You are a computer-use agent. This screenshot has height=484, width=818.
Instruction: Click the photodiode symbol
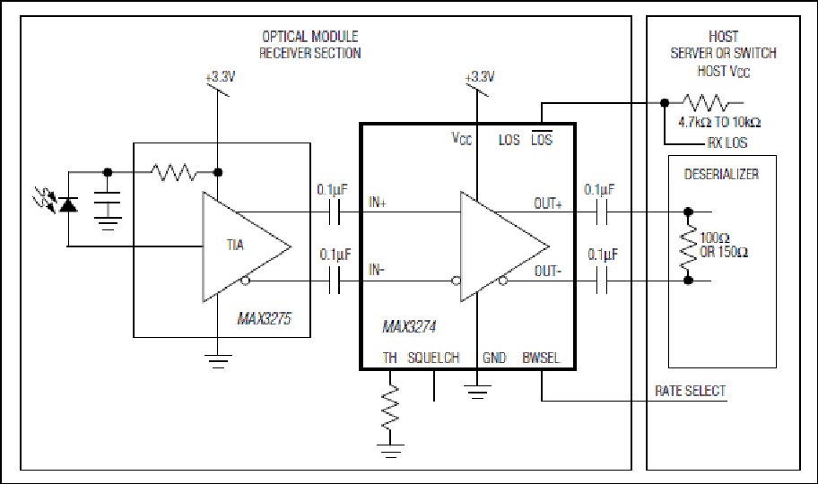click(68, 205)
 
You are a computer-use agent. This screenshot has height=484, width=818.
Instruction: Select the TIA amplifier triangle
click(246, 246)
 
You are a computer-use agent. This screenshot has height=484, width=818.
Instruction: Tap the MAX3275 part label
click(264, 319)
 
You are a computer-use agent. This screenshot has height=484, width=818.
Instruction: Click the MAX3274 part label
click(409, 327)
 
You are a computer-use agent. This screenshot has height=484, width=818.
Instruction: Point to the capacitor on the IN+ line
click(335, 212)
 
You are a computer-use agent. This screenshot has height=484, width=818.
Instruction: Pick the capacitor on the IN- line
click(335, 281)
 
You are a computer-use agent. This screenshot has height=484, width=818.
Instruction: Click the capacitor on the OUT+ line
click(602, 212)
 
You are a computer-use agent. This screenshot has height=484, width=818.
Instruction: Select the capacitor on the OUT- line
click(602, 281)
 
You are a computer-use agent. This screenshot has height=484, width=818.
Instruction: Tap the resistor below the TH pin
click(390, 408)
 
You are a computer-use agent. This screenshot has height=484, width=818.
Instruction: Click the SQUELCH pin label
click(433, 358)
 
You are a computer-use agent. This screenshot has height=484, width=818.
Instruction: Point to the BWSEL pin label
click(541, 358)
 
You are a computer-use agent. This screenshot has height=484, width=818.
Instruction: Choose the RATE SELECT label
click(691, 391)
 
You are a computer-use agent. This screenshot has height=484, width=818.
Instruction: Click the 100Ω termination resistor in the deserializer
click(688, 246)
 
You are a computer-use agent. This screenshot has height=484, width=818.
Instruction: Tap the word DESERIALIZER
click(721, 174)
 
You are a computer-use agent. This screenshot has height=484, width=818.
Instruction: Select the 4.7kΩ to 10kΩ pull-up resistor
click(706, 103)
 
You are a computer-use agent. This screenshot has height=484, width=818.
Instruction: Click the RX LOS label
click(727, 143)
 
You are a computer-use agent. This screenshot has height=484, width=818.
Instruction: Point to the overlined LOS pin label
click(542, 138)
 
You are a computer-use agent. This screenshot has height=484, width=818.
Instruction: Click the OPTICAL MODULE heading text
click(309, 37)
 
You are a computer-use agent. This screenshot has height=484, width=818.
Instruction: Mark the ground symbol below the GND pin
click(477, 392)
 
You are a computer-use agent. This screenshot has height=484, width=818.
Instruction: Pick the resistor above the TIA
click(174, 172)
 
